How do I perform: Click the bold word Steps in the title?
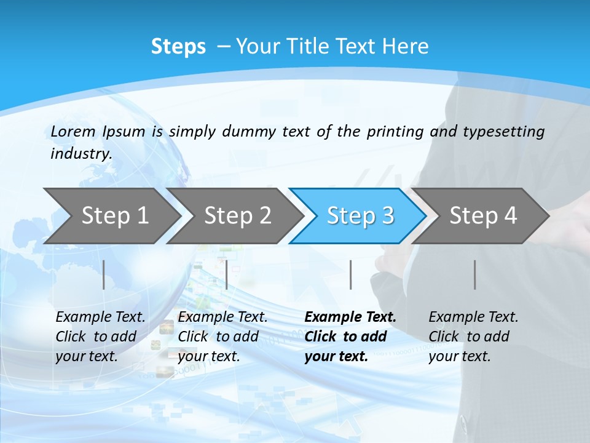pos(178,47)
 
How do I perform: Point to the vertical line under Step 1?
pos(104,274)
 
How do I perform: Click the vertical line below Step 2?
pos(227,274)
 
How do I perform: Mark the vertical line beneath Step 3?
pos(350,274)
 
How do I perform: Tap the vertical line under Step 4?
pos(474,274)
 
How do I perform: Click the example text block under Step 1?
pos(100,337)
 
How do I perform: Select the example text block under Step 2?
pos(222,337)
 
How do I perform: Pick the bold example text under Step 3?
pos(350,337)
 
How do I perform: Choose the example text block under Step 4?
pos(473,337)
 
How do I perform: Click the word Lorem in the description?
pos(73,131)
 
